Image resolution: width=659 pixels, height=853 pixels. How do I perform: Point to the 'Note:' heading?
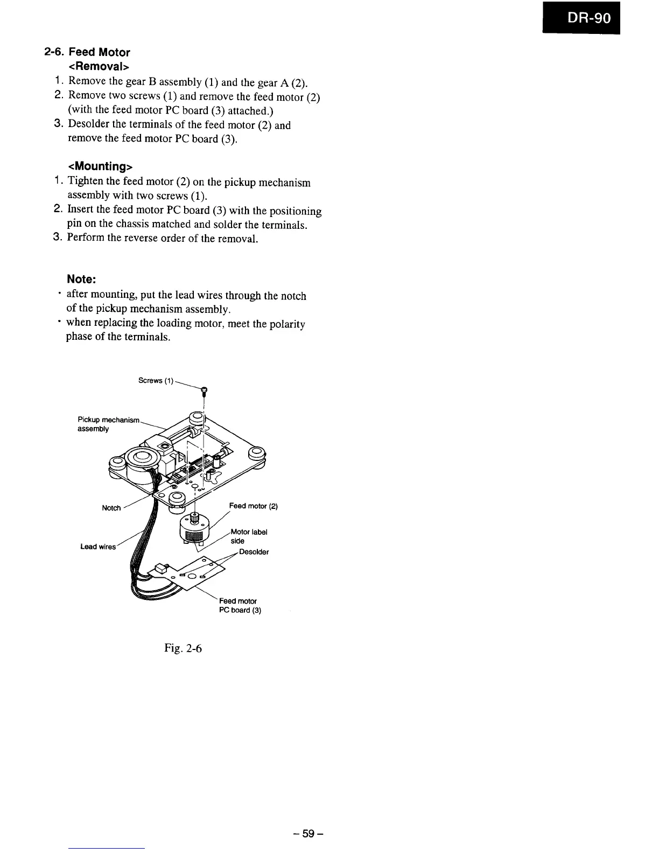81,279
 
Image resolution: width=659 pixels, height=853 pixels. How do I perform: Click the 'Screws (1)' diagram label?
156,381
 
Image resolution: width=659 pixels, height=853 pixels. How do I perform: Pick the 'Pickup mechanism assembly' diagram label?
108,424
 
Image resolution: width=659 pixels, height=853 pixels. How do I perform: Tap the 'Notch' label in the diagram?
111,508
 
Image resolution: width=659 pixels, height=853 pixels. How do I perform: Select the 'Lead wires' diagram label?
97,547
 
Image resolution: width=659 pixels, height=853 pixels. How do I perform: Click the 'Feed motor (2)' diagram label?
253,506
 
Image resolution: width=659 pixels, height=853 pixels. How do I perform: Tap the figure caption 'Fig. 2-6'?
183,648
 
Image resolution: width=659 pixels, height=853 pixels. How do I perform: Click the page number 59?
307,834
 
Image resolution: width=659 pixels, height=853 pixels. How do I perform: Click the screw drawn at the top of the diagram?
204,391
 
